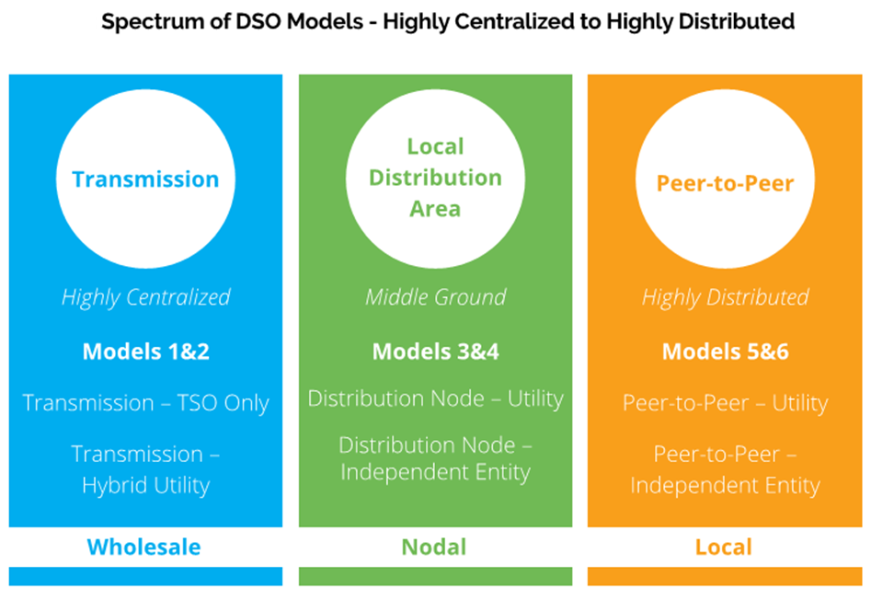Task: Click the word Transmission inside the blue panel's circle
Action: pos(145,179)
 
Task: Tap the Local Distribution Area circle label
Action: pos(435,178)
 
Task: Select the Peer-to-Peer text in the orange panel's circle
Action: pos(725,182)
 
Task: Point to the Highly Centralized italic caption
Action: pos(145,297)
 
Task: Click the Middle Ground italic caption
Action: pos(435,297)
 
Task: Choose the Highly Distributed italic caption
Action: pos(725,297)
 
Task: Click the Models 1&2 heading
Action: pos(145,351)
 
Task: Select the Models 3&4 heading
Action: pos(435,351)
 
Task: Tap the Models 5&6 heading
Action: pos(725,351)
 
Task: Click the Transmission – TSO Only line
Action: pos(145,403)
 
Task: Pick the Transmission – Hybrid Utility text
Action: pos(145,469)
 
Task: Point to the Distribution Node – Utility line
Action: pos(435,398)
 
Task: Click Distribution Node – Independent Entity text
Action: pos(435,458)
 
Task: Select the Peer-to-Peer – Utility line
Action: pos(725,403)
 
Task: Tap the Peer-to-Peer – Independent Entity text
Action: pos(725,469)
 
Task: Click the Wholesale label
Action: pos(143,548)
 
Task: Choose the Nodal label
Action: pos(433,548)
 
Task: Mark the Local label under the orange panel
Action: pos(723,548)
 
